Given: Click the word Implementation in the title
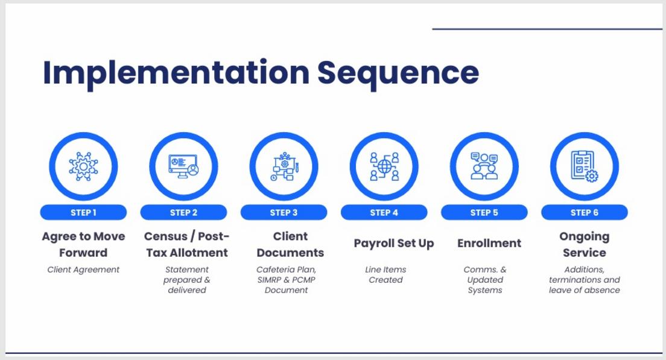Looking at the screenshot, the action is [x=176, y=74].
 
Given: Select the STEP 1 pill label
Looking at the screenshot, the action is [x=83, y=213].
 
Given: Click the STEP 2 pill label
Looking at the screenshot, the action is [x=183, y=213].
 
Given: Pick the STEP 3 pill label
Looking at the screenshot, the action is [x=284, y=213].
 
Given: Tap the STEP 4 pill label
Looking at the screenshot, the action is [x=384, y=213].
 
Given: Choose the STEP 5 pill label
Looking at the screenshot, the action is [x=484, y=213].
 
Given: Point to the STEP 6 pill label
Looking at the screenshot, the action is [x=585, y=213].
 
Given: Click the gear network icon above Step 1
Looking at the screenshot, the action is [x=83, y=166].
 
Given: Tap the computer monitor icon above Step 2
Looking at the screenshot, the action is [x=183, y=166].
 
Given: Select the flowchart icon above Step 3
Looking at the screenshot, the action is [x=284, y=166].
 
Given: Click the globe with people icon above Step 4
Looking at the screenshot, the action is [x=384, y=166].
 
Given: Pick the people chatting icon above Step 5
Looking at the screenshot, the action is [x=484, y=166].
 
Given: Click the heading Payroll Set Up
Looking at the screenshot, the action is [x=394, y=244].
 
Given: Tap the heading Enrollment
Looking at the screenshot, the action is [x=489, y=243].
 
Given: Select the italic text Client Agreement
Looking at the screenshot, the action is [x=83, y=270].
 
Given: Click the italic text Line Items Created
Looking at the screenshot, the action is [x=385, y=274].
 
